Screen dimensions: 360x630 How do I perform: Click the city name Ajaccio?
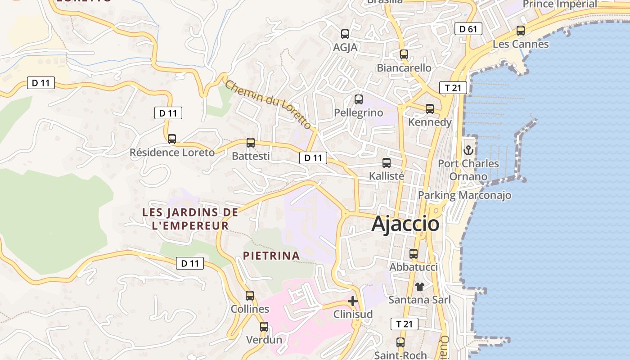tap(405, 224)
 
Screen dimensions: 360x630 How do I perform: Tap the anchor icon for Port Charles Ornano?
tap(468, 150)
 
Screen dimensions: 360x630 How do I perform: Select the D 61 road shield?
tap(468, 29)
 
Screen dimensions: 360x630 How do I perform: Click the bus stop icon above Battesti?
tap(251, 143)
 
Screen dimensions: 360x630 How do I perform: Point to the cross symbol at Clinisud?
tap(353, 301)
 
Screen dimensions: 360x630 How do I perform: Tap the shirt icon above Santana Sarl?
tap(420, 286)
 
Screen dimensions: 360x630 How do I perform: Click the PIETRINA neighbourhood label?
tap(271, 256)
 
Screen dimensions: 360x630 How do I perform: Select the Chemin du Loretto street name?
tap(268, 104)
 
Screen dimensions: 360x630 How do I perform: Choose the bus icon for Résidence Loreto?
tap(172, 139)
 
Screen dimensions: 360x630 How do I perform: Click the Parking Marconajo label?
tap(464, 195)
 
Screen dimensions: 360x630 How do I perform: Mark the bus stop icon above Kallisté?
tap(387, 163)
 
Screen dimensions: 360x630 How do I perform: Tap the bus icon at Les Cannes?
tap(521, 31)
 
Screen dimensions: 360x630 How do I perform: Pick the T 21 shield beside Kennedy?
tap(453, 88)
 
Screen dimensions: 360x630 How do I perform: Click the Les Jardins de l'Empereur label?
tap(190, 219)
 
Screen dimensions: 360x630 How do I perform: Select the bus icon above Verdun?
tap(264, 327)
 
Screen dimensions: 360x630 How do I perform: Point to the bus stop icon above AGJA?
tap(345, 34)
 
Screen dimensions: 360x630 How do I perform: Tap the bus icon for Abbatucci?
tap(414, 254)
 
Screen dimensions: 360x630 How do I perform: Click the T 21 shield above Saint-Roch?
tap(405, 324)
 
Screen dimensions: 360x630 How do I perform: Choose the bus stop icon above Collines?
tap(250, 296)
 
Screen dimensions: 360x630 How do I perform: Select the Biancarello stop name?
tap(404, 68)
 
